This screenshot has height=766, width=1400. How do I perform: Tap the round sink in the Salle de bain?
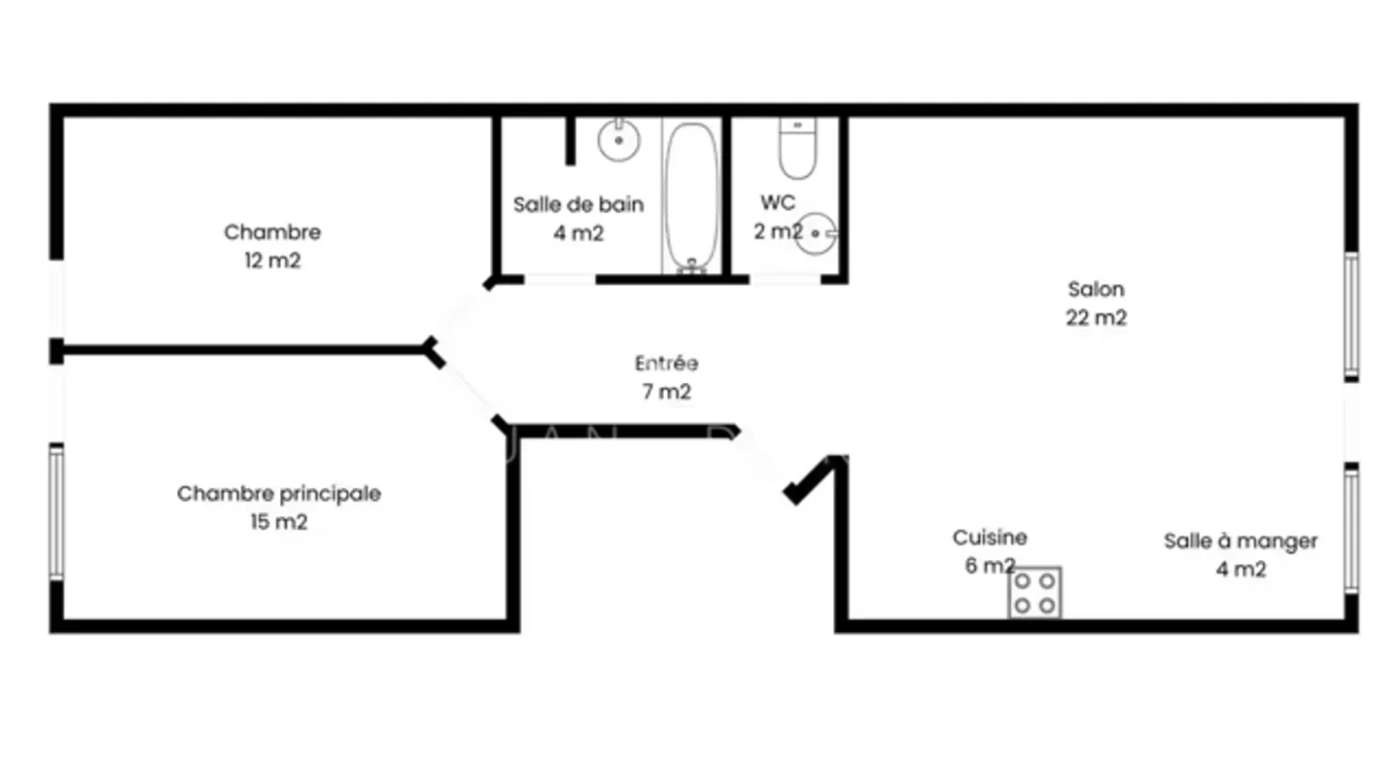617,140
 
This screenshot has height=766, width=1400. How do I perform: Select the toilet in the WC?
798,149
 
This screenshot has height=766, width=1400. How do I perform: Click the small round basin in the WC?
817,233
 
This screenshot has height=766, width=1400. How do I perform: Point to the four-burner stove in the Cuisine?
1033,592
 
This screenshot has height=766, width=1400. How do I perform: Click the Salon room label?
1096,289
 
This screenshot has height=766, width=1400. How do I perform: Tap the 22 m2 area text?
1096,318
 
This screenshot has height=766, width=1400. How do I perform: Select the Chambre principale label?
279,494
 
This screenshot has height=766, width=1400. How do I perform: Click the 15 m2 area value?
279,522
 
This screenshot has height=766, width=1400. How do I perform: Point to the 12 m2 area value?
272,261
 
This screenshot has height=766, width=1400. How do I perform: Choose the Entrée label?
666,364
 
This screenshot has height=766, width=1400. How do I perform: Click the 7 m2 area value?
666,392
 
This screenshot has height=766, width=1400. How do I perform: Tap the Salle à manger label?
1241,541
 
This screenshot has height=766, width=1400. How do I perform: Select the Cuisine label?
990,538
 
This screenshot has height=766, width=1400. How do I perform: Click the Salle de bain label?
578,205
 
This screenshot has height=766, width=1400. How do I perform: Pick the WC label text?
778,203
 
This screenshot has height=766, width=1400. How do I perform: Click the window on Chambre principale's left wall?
56,512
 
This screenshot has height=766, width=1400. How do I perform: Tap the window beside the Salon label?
1351,314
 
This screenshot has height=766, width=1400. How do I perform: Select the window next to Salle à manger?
1351,529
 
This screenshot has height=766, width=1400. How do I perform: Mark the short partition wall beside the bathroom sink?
571,141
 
